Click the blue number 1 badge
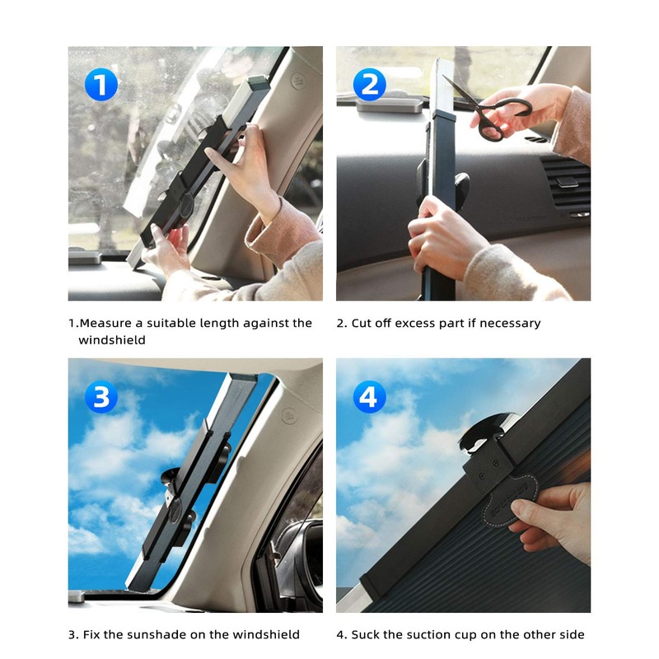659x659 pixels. pyautogui.click(x=100, y=84)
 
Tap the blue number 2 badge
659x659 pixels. pyautogui.click(x=370, y=84)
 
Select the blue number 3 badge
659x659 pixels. pyautogui.click(x=100, y=397)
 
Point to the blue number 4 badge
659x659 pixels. pyautogui.click(x=370, y=397)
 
